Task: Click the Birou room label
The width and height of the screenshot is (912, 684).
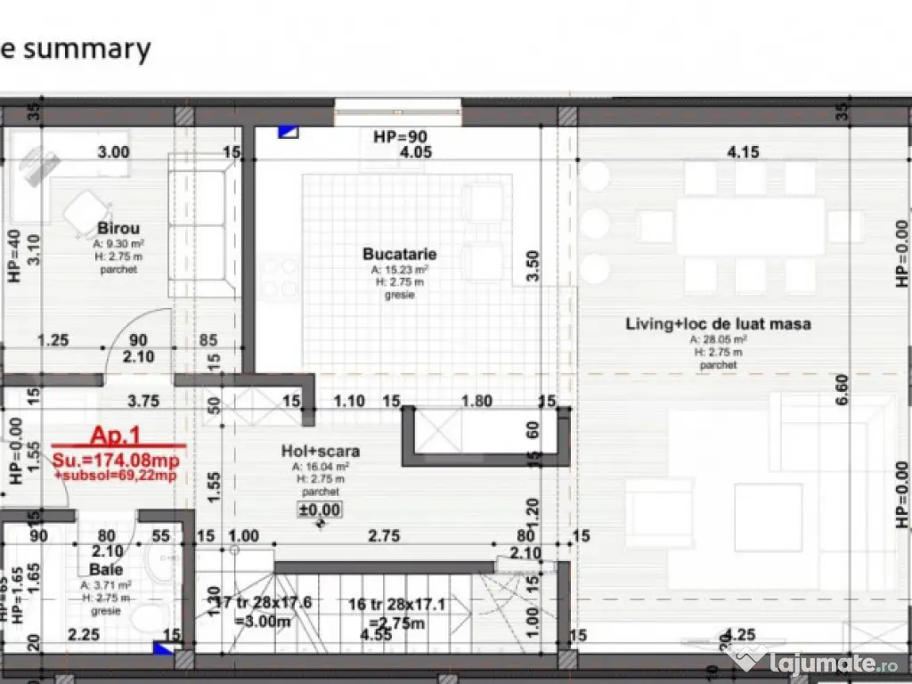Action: [118, 228]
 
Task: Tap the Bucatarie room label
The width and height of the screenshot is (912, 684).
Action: [399, 254]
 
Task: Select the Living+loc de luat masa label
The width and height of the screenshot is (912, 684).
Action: [718, 324]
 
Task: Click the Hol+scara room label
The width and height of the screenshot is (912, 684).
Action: [321, 452]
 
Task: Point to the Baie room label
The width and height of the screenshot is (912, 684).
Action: [106, 569]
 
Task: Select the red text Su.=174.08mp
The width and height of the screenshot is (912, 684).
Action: [114, 460]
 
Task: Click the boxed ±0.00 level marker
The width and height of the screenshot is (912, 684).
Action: [319, 509]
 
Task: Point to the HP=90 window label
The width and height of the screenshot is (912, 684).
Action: [399, 136]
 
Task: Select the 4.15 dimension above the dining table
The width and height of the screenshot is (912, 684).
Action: [743, 152]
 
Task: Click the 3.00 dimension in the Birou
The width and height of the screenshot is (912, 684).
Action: [113, 152]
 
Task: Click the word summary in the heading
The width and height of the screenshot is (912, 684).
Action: [87, 49]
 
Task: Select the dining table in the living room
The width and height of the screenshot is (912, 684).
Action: [749, 226]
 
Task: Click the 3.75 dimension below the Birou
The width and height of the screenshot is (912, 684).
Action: [142, 402]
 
